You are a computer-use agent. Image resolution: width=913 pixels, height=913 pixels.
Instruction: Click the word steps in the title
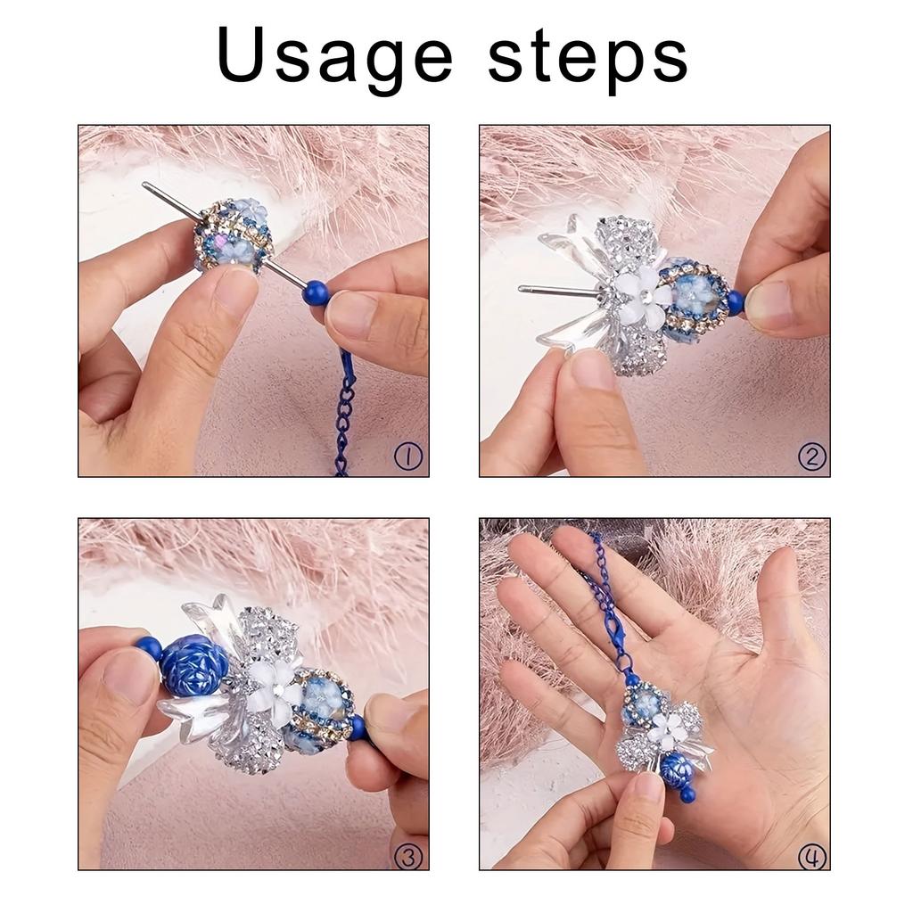point(588,55)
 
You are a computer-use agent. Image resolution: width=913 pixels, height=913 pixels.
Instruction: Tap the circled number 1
point(408,456)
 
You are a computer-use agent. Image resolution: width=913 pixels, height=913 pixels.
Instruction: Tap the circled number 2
point(811,456)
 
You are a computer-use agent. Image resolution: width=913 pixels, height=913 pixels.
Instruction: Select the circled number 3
point(408,857)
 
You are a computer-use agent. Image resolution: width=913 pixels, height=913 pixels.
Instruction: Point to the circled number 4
point(811,857)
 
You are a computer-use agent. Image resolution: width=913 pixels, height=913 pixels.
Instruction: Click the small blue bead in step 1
point(316,292)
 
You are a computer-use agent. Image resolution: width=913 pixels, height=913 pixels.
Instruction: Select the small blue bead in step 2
point(735,302)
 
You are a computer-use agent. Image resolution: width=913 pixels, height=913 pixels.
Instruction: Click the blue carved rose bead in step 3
point(195,665)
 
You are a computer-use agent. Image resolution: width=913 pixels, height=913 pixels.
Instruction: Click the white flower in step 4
point(668,730)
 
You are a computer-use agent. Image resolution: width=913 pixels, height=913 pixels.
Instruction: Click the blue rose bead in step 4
point(677,768)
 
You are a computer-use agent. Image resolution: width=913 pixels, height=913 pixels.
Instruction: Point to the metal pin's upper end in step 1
point(147,186)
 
